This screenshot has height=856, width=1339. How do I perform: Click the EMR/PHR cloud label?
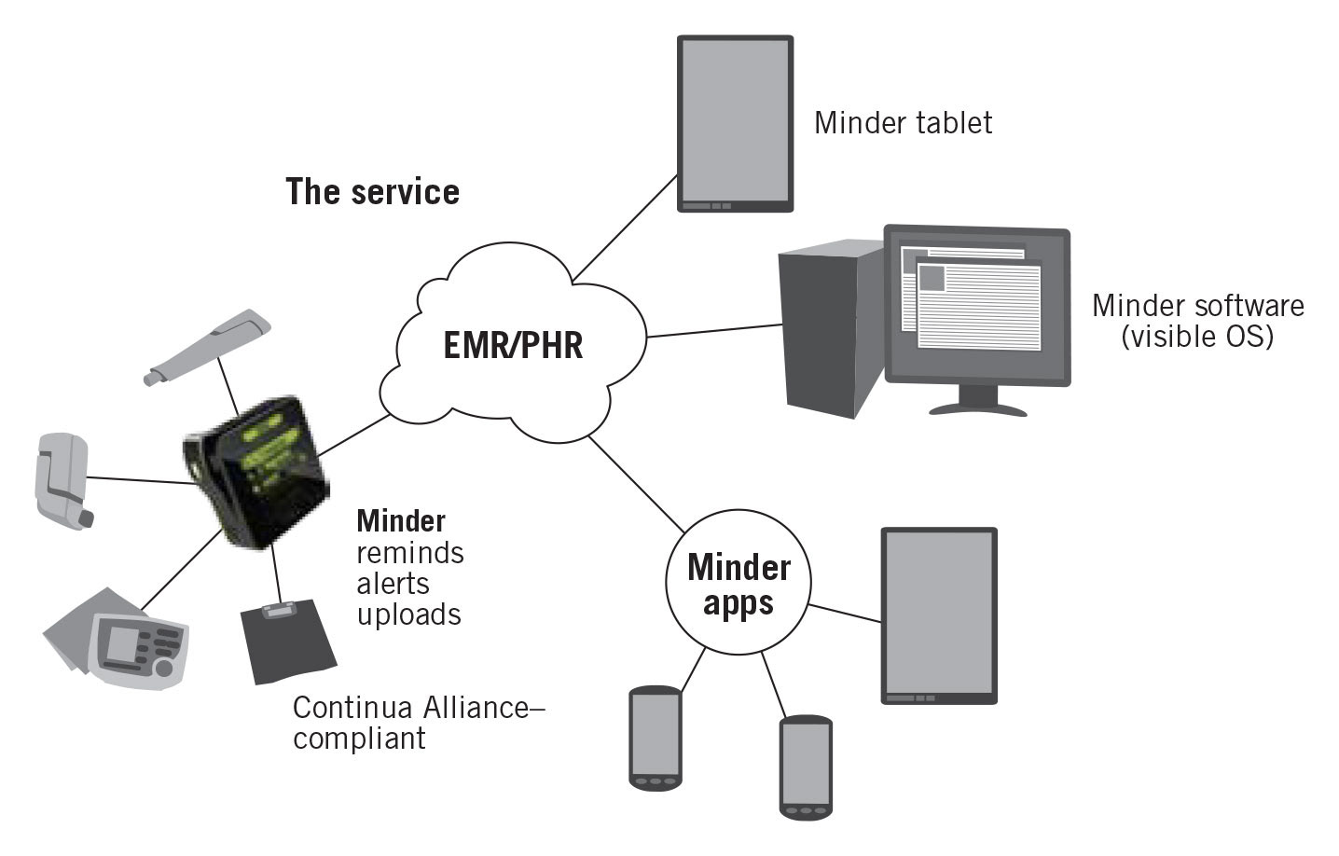(x=513, y=345)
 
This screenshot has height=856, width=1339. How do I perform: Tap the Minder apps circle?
(x=739, y=584)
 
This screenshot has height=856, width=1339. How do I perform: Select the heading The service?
(x=372, y=191)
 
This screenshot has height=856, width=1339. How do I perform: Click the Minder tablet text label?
(x=903, y=122)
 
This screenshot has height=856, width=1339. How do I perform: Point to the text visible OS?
(x=1198, y=336)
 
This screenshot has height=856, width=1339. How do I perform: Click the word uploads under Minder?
(x=409, y=614)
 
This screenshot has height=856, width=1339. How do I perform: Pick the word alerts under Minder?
(x=393, y=584)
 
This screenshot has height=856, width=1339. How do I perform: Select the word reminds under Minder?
(x=410, y=553)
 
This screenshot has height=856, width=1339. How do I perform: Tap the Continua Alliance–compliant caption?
(x=418, y=723)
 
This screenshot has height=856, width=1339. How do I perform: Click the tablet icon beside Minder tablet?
(x=735, y=123)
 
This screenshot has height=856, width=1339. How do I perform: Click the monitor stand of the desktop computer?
(x=978, y=401)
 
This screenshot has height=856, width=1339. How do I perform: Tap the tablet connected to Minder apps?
(x=939, y=614)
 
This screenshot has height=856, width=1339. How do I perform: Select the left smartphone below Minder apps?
(x=656, y=737)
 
